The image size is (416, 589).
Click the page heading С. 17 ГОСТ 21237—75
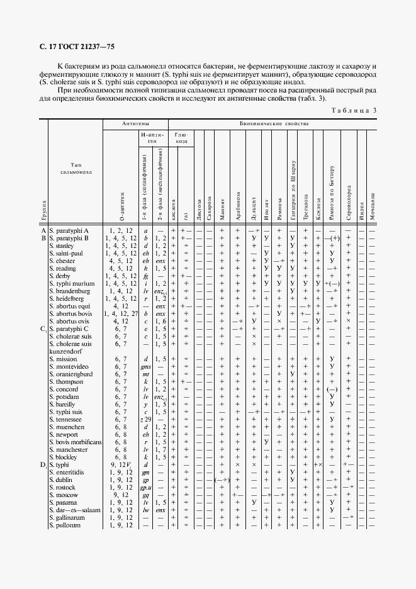tap(72, 46)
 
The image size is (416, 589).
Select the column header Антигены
tap(135, 125)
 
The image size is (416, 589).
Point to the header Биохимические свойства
tap(274, 125)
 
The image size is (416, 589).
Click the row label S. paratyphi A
tap(69, 231)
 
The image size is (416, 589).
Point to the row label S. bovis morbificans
tap(75, 442)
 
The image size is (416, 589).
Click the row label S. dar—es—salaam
tap(75, 510)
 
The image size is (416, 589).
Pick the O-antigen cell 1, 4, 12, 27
tap(120, 313)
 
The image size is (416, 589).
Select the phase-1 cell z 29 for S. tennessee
tap(145, 419)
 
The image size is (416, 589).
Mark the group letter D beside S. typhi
tap(43, 464)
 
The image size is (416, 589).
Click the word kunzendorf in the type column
tap(67, 351)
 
